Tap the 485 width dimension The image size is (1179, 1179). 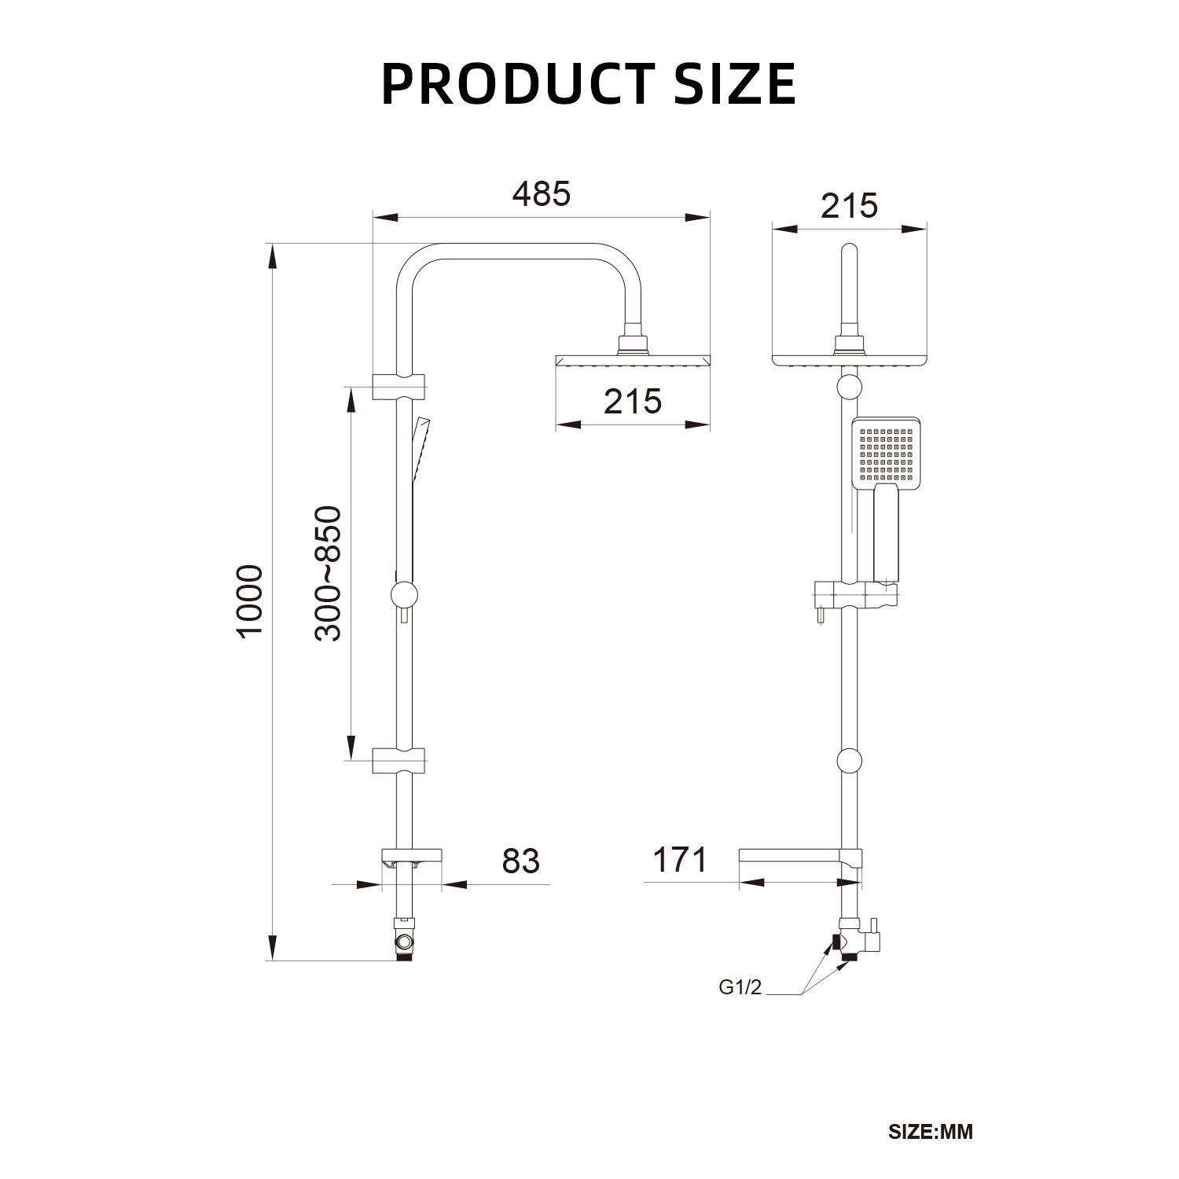coord(541,193)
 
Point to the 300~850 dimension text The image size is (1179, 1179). coord(329,573)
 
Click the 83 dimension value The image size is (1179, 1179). coord(521,861)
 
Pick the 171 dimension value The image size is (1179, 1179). coord(680,860)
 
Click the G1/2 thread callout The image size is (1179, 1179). coord(740,988)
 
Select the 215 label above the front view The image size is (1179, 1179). coord(849,206)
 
